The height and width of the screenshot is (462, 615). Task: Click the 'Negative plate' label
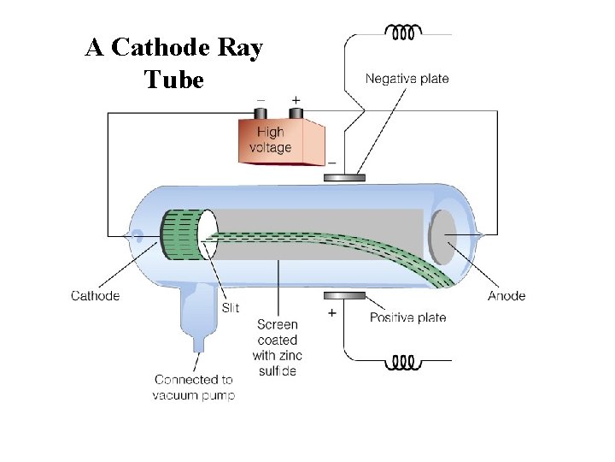[x=407, y=79]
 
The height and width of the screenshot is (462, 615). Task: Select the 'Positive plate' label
[x=407, y=317]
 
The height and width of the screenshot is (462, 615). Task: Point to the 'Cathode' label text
[x=95, y=296]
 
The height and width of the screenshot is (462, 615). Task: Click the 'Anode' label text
[x=507, y=296]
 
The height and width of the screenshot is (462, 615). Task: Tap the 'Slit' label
[x=231, y=308]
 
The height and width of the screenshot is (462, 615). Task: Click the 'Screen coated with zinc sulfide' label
[x=278, y=347]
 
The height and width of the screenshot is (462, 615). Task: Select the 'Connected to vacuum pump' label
[x=193, y=387]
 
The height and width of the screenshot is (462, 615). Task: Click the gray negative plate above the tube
[x=344, y=178]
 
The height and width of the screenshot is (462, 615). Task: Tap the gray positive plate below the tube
[x=344, y=296]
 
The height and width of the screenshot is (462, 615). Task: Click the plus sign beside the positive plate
[x=331, y=314]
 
